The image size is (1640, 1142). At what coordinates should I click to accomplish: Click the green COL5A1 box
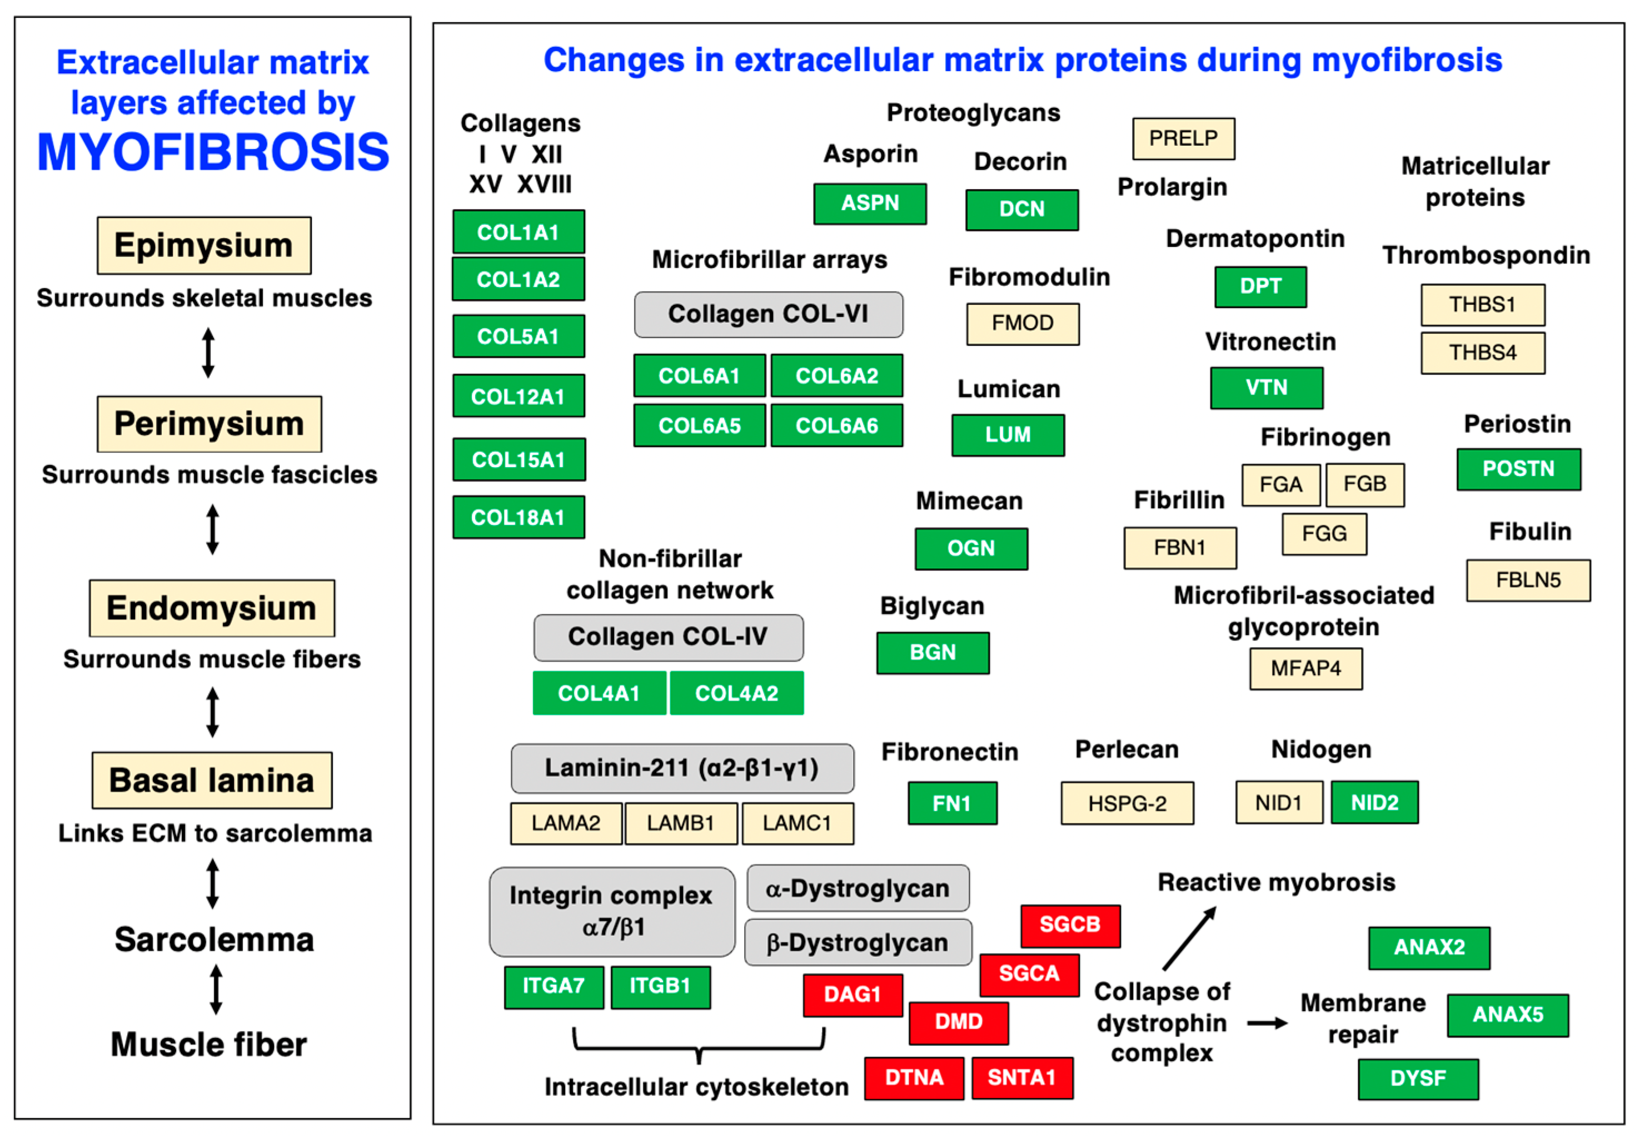pos(519,336)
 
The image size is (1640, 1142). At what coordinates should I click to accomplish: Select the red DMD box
pos(959,1022)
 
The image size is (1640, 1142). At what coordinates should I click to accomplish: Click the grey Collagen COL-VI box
pos(768,315)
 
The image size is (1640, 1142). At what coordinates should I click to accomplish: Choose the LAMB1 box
pos(681,823)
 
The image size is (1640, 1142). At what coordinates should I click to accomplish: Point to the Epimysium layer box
pos(205,245)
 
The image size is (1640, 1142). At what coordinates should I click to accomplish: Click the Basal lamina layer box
pos(212,781)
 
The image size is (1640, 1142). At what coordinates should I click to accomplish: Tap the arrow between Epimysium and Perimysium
pos(208,352)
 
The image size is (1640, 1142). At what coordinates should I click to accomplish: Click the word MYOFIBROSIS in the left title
pos(213,152)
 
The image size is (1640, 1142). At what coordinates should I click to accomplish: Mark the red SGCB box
pos(1070,926)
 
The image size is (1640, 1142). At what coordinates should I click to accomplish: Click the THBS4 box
pos(1482,352)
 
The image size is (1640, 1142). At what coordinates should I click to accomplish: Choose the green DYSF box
pos(1418,1079)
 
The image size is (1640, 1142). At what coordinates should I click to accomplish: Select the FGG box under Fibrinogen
pos(1324,534)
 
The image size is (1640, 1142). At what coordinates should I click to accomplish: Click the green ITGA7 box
pos(554,987)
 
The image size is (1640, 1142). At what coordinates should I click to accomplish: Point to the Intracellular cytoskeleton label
pos(696,1087)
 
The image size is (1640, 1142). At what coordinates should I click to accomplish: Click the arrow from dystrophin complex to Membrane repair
pos(1267,1024)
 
